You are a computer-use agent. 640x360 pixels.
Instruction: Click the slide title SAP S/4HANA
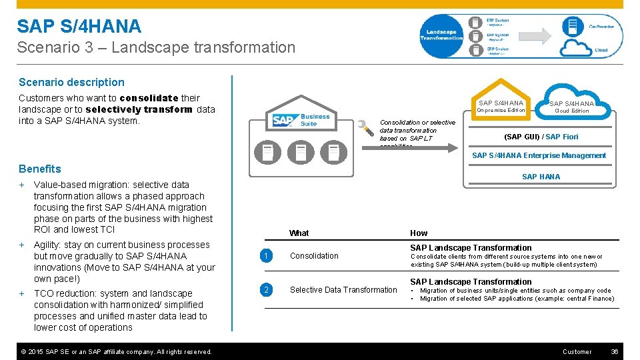point(79,27)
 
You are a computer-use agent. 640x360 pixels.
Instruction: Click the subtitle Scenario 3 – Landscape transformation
point(156,47)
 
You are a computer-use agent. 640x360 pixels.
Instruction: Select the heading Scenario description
point(71,82)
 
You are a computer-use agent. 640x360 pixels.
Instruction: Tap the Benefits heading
point(40,169)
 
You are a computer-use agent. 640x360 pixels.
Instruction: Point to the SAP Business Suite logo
point(301,121)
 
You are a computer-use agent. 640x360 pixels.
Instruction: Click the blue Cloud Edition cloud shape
point(571,104)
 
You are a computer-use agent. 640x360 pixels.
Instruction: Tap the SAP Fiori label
point(562,137)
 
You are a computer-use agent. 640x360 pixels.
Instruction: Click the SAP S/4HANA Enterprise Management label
point(539,155)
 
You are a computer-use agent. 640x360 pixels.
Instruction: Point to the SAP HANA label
point(541,177)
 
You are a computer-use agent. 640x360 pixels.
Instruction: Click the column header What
point(299,233)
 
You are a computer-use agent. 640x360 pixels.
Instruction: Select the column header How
point(419,233)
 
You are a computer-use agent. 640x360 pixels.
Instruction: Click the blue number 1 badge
point(266,256)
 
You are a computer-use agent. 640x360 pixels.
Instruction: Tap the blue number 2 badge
point(266,290)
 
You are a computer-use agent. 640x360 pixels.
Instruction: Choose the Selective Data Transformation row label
point(343,290)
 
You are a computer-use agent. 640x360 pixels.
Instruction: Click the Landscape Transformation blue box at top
point(441,35)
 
